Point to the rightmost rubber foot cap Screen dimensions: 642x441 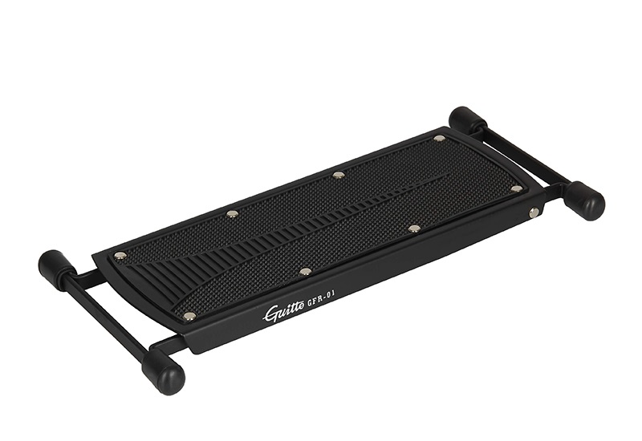tap(585, 199)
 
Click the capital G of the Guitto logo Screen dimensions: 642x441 tap(271, 314)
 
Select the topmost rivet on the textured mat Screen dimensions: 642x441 tap(440, 138)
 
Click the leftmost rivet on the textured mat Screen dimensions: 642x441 tap(120, 256)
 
